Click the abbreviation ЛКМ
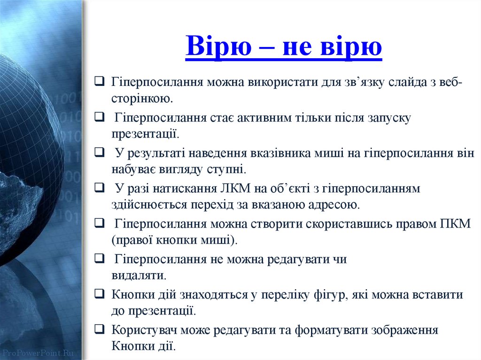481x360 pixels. (231, 189)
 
